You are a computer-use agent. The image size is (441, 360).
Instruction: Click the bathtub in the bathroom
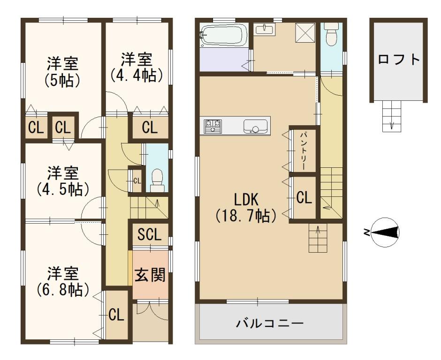point(224,36)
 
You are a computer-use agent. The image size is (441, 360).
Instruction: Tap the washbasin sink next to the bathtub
point(265,29)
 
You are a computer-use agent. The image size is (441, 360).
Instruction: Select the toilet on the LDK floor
point(331,34)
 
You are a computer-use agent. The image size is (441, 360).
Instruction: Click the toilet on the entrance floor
point(157,180)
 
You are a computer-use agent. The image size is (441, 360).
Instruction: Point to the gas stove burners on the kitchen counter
point(213,126)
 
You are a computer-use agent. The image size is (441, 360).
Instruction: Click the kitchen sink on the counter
point(255,127)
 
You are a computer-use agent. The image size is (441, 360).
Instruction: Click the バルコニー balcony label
point(270,323)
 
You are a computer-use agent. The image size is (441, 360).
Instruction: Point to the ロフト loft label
point(399,60)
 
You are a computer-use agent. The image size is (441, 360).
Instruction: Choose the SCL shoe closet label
point(150,234)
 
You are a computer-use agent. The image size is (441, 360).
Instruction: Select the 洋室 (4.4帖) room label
point(137,67)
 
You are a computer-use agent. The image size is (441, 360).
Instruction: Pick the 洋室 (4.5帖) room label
point(63,181)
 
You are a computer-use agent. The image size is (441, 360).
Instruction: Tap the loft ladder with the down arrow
point(391,116)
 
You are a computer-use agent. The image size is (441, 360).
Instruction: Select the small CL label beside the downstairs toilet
point(137,180)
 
